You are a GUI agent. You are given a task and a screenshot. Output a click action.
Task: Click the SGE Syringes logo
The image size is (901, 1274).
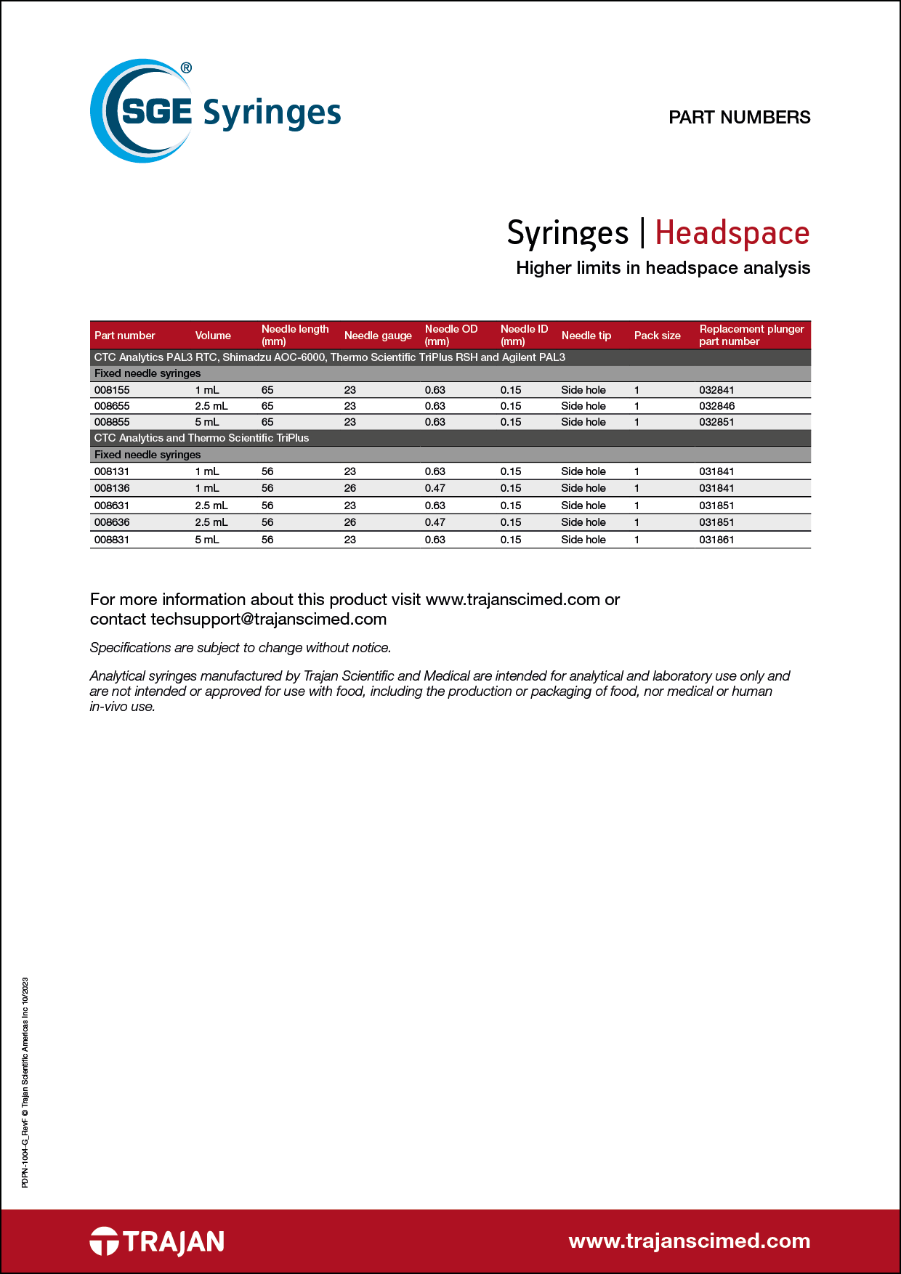coord(215,111)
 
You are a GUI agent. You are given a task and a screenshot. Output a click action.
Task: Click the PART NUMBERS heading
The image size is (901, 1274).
coord(739,117)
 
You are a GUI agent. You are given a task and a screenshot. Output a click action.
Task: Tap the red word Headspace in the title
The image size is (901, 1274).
coord(732,233)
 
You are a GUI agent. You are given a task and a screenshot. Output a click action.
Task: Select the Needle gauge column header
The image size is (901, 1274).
coord(378,336)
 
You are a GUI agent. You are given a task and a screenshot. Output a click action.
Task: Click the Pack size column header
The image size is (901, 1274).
coord(657,336)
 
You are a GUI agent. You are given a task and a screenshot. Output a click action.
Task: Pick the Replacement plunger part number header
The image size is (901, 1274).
coord(751,335)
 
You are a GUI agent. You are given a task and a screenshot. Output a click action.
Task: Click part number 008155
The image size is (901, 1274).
coord(112,390)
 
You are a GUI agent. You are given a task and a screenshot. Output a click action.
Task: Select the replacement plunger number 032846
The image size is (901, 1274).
coord(716,406)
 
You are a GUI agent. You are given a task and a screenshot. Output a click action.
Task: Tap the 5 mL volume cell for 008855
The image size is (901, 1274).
coord(207,422)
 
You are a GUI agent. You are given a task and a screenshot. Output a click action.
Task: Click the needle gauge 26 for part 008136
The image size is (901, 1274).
coord(350,488)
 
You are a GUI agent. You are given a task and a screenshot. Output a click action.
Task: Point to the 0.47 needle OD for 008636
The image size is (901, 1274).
coord(435,522)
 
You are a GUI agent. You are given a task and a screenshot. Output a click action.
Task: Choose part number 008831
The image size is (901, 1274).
coord(112,540)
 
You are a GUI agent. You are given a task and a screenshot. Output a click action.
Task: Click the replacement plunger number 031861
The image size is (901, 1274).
coord(716,540)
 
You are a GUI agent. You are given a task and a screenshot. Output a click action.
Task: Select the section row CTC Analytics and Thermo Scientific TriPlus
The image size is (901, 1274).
coord(202,438)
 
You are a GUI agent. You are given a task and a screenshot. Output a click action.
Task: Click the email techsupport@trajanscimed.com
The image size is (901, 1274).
coord(268,619)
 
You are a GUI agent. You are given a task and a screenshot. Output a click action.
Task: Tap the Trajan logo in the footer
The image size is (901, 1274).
coord(157,1241)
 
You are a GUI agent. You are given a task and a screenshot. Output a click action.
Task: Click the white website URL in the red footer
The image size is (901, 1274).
coord(689,1241)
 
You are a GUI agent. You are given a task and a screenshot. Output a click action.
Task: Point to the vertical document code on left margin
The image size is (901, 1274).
coord(25,1082)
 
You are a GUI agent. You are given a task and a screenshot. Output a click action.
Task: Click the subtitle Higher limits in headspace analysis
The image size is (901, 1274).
coord(663,268)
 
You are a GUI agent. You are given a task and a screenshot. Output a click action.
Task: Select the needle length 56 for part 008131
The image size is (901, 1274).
coord(267,471)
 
